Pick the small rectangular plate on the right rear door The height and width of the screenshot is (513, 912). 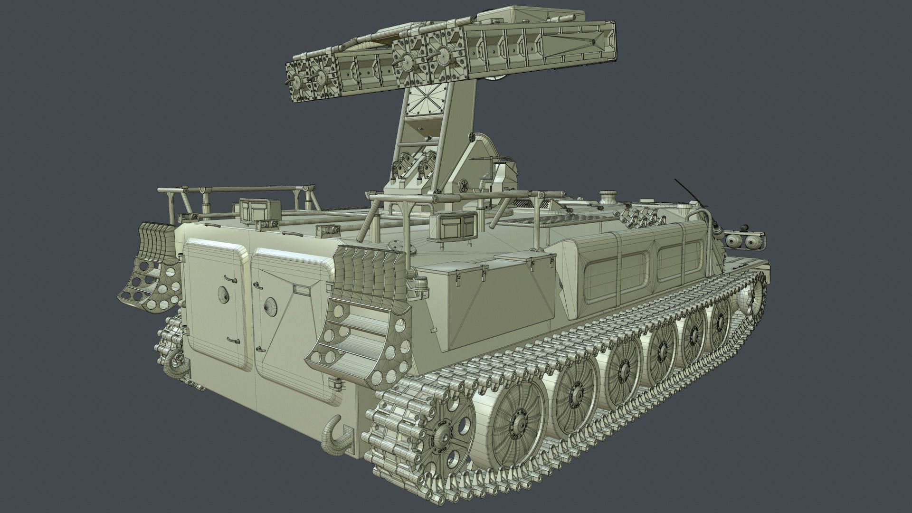click(300, 288)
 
